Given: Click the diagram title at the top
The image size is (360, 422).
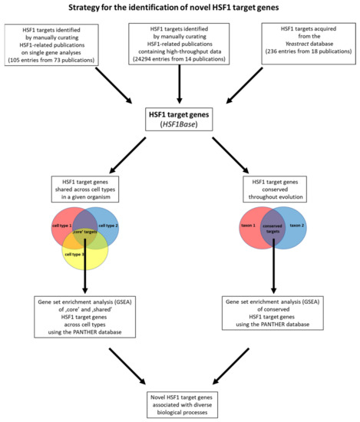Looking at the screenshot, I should pyautogui.click(x=180, y=8).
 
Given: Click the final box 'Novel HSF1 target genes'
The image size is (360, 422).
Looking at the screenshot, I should pyautogui.click(x=179, y=401).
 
